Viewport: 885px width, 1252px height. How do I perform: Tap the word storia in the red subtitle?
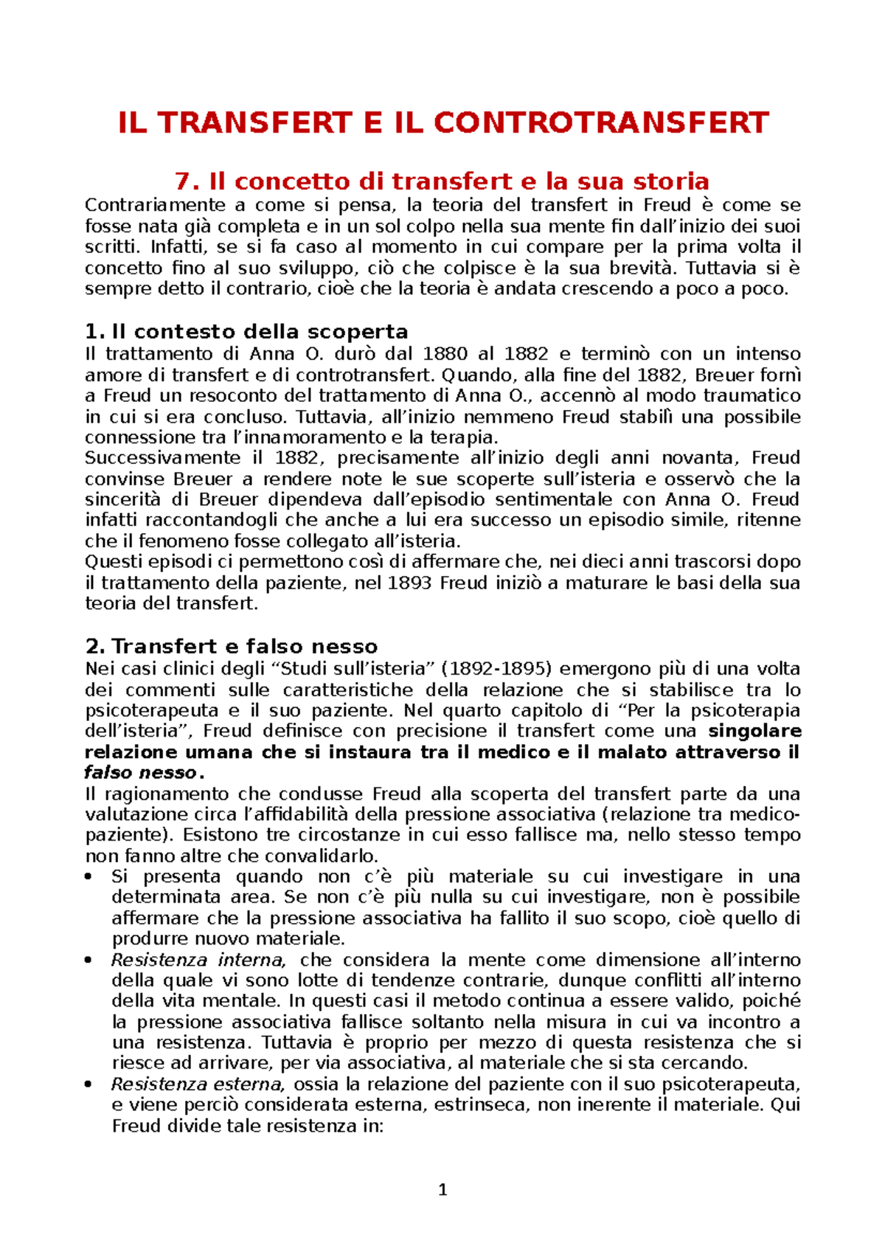click(x=665, y=181)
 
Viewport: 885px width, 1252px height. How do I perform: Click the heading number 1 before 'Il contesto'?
click(x=91, y=331)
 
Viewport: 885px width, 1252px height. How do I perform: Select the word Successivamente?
click(x=162, y=458)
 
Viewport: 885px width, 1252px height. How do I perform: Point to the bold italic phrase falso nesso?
click(x=140, y=773)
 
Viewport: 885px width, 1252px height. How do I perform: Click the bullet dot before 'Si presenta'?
click(x=89, y=877)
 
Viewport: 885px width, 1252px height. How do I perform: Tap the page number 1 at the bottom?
click(x=442, y=1189)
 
